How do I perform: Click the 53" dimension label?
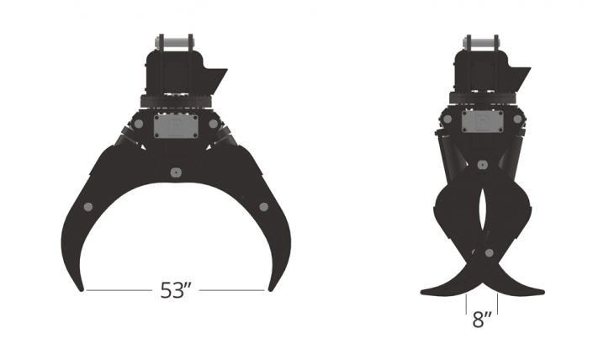pos(177,291)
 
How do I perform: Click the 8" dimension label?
pos(482,320)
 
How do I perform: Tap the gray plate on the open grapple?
pos(175,128)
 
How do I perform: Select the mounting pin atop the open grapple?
pos(175,42)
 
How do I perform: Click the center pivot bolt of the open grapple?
pos(175,172)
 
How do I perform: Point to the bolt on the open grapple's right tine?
pos(263,207)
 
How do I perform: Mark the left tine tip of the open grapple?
pos(82,289)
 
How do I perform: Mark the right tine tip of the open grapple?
pos(270,289)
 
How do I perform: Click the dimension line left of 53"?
pos(118,291)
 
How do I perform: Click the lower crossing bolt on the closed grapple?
pos(489,253)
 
